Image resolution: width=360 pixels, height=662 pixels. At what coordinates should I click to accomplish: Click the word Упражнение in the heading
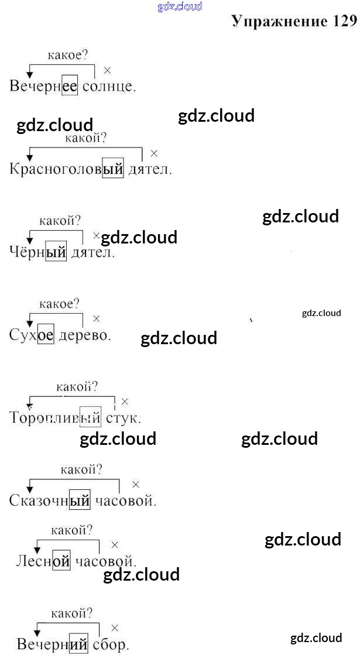coord(279,22)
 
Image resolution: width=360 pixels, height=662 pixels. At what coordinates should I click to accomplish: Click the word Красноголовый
coord(67,170)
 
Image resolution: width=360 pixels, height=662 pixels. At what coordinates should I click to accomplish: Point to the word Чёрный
coord(38,253)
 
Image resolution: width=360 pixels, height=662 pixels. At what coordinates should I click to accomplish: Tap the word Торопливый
coord(56,419)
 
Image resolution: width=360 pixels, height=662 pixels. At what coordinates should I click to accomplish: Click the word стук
coord(122,419)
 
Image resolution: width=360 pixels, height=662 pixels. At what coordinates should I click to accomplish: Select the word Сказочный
coord(50,501)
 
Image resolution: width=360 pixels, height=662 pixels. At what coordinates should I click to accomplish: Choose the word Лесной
coord(43,562)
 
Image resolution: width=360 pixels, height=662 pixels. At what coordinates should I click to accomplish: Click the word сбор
coord(110,645)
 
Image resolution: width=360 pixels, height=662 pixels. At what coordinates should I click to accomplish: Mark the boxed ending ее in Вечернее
coord(70,87)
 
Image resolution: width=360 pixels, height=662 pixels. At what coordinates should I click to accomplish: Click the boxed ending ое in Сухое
coord(46,335)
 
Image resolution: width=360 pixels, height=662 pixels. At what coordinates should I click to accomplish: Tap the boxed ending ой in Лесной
coord(61,562)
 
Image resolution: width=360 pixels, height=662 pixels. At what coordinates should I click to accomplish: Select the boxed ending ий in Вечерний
coord(78,645)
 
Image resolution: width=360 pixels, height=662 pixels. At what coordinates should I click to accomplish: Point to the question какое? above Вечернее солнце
coord(67,56)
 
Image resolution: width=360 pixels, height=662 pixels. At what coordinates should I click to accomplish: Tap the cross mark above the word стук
coord(125,402)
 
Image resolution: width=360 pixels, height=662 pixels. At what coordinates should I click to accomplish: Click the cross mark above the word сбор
coord(115,628)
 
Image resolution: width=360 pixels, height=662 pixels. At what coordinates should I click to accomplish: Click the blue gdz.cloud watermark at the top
coord(180,6)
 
